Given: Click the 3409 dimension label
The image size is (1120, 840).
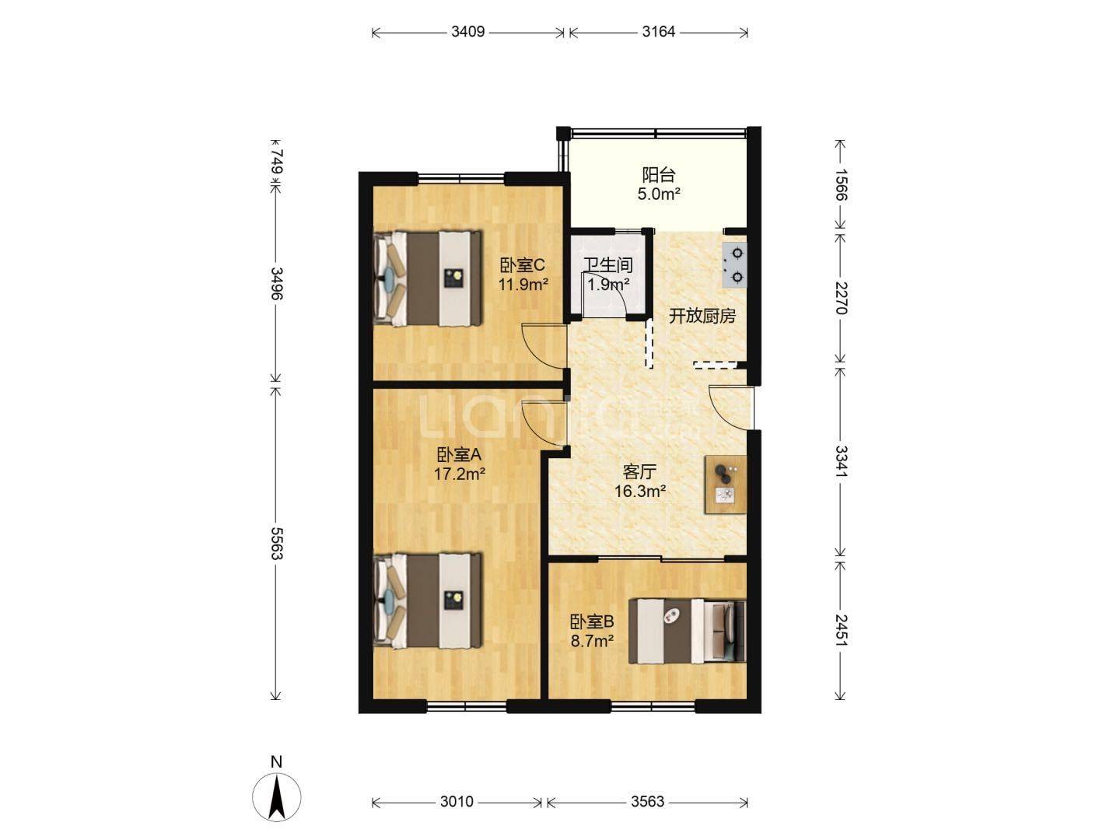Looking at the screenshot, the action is pyautogui.click(x=467, y=32).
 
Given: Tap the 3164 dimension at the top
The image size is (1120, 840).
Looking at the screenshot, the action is pyautogui.click(x=658, y=32).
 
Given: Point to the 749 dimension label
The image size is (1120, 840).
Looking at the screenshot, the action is pyautogui.click(x=277, y=161).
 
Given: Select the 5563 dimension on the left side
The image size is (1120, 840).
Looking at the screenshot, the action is pyautogui.click(x=277, y=543).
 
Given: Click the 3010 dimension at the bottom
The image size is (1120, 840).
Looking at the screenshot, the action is pyautogui.click(x=457, y=802).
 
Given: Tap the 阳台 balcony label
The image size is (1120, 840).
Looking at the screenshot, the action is pyautogui.click(x=658, y=175).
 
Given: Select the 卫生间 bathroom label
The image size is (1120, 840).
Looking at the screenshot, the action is pyautogui.click(x=608, y=265).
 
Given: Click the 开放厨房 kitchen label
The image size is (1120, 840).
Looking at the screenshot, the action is pyautogui.click(x=702, y=317).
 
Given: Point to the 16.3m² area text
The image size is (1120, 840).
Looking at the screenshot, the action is pyautogui.click(x=640, y=491).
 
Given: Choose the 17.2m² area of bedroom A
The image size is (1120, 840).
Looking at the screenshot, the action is pyautogui.click(x=459, y=474).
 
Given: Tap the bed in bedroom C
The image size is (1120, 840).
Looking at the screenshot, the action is pyautogui.click(x=428, y=278).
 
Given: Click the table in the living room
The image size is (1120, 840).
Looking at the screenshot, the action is pyautogui.click(x=726, y=484).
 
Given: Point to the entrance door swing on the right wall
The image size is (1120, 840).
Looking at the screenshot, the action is pyautogui.click(x=731, y=409).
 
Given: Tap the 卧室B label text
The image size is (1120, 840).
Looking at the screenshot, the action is pyautogui.click(x=592, y=621).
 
